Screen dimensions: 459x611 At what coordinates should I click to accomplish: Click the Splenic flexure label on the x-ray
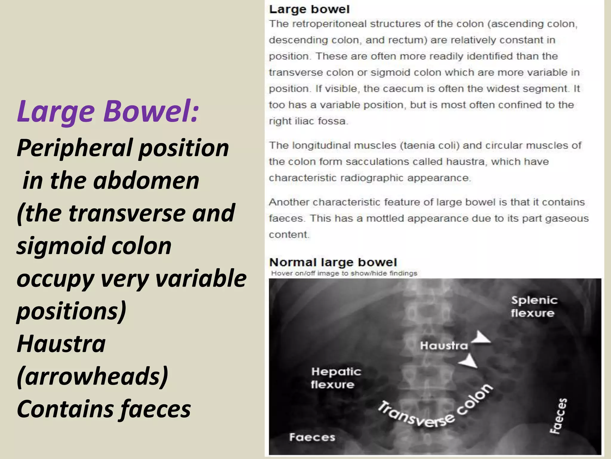point(534,307)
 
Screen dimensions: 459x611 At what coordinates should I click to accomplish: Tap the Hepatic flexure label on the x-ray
point(336,378)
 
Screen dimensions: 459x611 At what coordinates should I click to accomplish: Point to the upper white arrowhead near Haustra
point(481,338)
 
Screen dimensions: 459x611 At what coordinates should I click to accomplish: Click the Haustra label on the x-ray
point(444,346)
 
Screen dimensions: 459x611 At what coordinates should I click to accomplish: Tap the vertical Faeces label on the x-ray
point(558,416)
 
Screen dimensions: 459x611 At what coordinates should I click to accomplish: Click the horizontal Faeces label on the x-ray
point(312,437)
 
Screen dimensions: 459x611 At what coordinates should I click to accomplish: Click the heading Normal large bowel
point(333,262)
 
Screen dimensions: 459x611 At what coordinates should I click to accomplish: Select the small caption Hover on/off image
point(344,273)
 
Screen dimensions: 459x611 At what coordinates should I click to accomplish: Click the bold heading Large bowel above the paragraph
point(309,9)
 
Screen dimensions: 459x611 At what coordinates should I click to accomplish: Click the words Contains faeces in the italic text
point(104,409)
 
